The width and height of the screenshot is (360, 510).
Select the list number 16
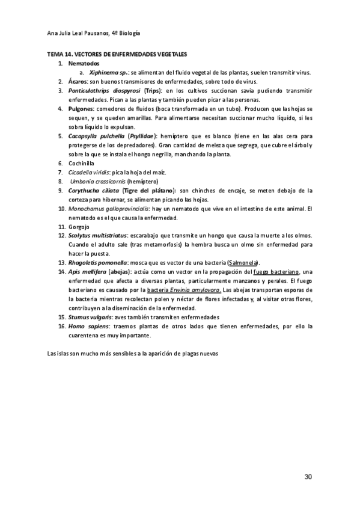(x=61, y=326)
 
